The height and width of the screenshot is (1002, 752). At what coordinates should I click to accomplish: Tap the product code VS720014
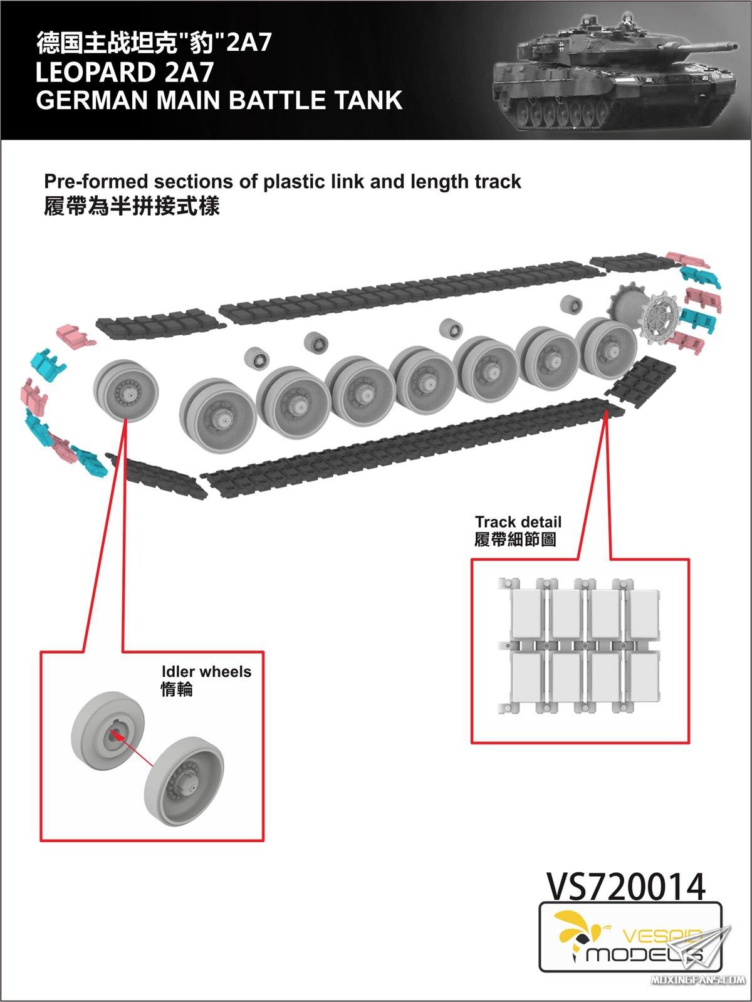click(626, 887)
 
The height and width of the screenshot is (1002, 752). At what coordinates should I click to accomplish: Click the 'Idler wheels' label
click(206, 672)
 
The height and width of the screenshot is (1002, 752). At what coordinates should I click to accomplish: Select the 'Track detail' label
click(518, 522)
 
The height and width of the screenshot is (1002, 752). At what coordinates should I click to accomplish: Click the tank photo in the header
click(614, 72)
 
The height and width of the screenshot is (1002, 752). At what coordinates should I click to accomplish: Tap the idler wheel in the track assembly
click(125, 390)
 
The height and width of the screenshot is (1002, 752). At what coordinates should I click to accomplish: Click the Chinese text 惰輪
click(177, 690)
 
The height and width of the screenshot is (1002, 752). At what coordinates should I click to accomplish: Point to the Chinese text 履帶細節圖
click(515, 540)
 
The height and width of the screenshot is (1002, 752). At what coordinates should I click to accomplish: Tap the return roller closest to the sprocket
click(570, 305)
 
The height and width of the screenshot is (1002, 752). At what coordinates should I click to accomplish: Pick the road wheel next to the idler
click(217, 414)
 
